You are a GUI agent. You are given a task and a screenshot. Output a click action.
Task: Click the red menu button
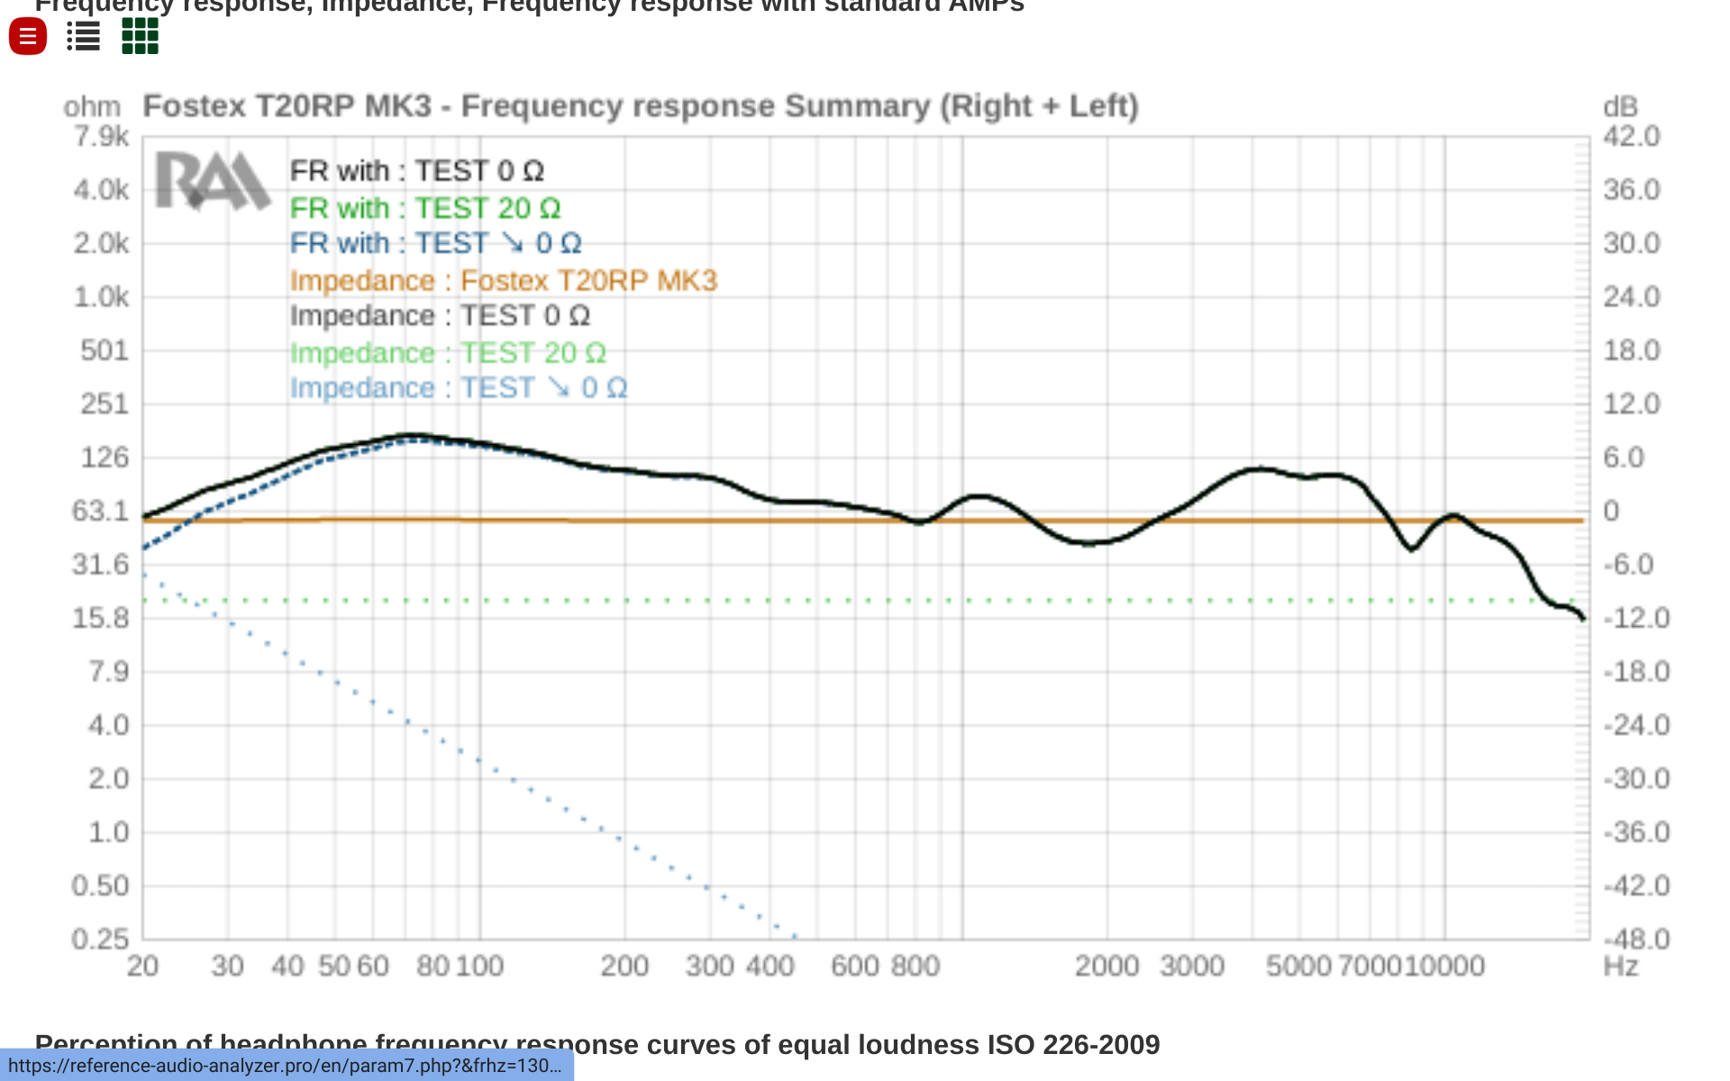tap(28, 37)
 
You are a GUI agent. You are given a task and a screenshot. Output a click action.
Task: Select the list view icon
tap(84, 37)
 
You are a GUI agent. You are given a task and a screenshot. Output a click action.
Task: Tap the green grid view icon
tap(140, 37)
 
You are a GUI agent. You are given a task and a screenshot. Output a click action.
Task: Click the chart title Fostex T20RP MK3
tap(640, 106)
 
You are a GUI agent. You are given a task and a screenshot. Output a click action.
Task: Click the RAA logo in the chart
tap(213, 180)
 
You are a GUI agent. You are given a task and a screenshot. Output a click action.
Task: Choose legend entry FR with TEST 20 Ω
tap(424, 208)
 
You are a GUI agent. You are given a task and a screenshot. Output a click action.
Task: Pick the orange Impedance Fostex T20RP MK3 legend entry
tap(503, 280)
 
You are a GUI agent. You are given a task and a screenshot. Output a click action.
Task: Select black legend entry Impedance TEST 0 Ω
tap(440, 316)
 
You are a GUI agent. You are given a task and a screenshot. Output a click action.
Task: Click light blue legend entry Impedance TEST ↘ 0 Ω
tap(458, 388)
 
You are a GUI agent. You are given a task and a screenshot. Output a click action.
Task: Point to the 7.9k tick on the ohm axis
tap(101, 136)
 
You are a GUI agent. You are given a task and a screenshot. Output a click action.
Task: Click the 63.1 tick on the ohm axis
tap(101, 511)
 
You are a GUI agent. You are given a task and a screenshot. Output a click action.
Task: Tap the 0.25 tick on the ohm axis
tap(101, 939)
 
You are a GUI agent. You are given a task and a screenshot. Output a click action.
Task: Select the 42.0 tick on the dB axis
tap(1631, 136)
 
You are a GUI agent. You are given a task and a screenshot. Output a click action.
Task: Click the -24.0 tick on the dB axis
tap(1635, 725)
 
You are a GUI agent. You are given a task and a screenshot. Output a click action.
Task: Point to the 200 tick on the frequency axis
tap(624, 967)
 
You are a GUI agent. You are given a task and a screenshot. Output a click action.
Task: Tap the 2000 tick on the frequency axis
tap(1106, 967)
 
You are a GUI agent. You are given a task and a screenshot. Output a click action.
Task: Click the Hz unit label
tap(1620, 967)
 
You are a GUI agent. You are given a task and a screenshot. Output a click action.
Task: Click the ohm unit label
tap(92, 107)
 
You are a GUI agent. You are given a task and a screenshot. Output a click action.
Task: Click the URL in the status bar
tap(286, 1066)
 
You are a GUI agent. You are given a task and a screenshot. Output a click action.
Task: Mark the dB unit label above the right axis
tap(1620, 107)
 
